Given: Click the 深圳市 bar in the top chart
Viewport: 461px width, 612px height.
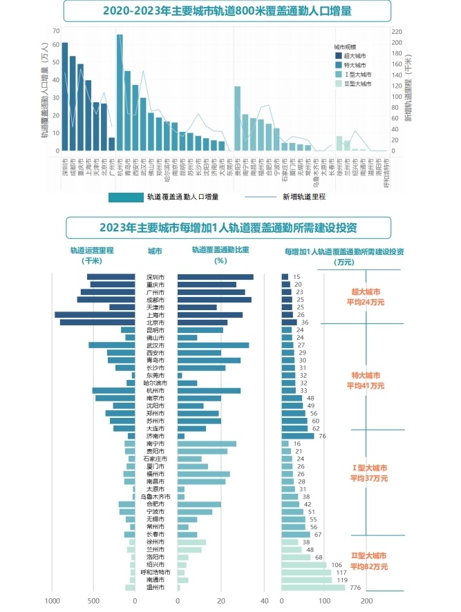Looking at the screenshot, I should pyautogui.click(x=64, y=96).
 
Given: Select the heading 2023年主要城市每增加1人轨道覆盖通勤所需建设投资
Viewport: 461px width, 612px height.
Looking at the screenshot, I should pyautogui.click(x=228, y=227).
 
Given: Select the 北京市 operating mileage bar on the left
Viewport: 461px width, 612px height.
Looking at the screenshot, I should pyautogui.click(x=97, y=323).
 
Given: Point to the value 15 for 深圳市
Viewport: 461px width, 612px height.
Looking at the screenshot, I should pyautogui.click(x=297, y=277).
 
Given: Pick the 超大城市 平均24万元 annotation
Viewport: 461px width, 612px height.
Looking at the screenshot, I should pyautogui.click(x=367, y=297).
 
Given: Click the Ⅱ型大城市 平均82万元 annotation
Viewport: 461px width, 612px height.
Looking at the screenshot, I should pyautogui.click(x=368, y=560).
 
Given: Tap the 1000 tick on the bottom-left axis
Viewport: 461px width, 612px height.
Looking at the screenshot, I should pyautogui.click(x=51, y=601).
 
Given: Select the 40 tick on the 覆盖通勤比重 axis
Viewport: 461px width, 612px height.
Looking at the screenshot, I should pyautogui.click(x=264, y=601).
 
